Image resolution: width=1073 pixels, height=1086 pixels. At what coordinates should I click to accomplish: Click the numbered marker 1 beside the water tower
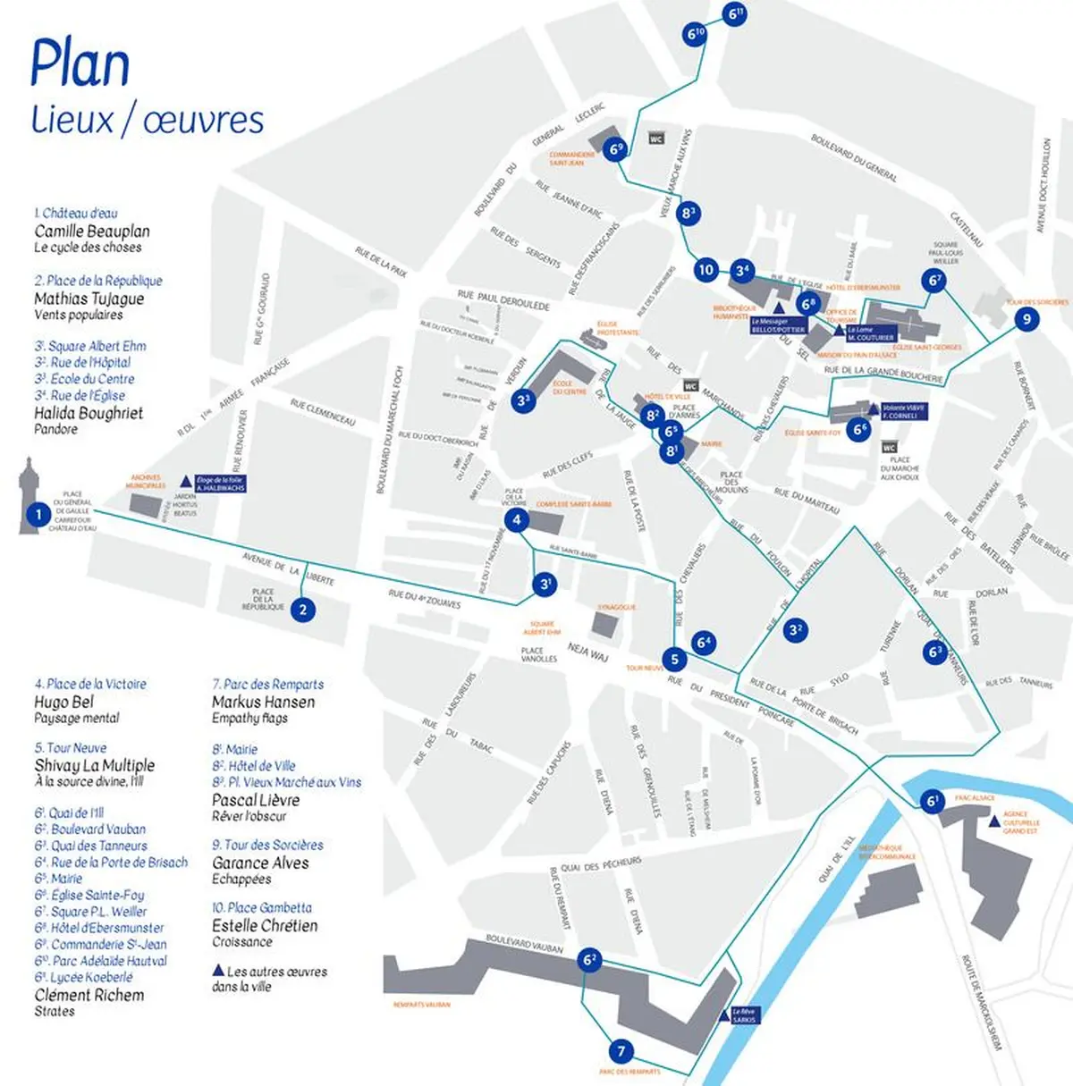coord(38,514)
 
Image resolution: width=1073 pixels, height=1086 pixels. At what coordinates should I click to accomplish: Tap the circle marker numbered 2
coord(304,610)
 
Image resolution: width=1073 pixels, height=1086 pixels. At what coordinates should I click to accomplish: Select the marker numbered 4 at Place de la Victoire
coord(517,520)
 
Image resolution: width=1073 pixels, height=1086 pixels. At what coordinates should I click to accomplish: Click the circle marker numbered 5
coord(675,660)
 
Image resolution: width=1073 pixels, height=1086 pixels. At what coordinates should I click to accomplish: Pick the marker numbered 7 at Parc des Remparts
coord(621,1051)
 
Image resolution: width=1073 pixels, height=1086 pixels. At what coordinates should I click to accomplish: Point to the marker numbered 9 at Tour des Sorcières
coord(1027,319)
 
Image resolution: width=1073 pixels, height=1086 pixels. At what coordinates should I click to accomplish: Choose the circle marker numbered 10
coord(706,270)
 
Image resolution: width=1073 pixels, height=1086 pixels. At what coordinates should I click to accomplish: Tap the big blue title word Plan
coord(80,64)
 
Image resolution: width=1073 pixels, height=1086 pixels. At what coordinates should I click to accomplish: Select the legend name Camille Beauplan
coord(92,232)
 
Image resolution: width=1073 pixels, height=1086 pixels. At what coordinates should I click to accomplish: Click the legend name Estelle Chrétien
coord(265,926)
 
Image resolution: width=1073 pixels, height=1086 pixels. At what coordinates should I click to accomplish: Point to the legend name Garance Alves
coord(260,863)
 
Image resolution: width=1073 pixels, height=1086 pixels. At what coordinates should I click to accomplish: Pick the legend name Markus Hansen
coord(263,702)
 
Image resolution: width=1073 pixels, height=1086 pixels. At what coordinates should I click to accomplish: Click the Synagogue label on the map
coord(616,607)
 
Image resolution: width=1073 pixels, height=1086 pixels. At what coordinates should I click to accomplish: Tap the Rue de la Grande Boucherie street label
coord(883,373)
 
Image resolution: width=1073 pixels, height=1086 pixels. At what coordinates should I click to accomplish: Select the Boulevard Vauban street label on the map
coord(525,944)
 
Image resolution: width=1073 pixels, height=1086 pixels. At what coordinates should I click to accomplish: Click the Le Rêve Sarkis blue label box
coord(744,1015)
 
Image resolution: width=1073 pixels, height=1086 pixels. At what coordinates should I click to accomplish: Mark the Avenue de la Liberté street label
coord(288,569)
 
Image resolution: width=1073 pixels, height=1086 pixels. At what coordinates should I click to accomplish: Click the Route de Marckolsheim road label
coord(982,1001)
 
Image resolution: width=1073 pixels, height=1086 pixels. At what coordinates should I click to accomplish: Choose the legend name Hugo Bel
coord(63,702)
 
